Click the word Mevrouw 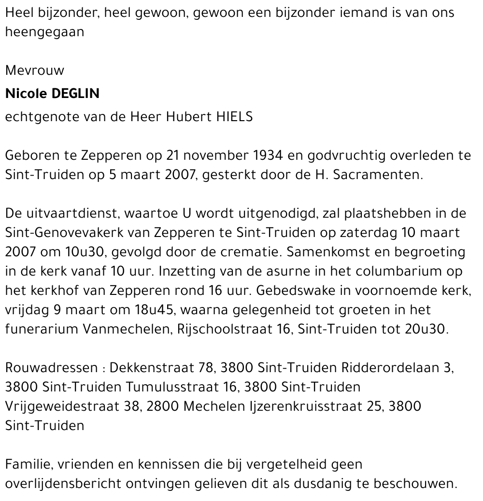[x=34, y=70]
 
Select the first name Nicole [x=25, y=94]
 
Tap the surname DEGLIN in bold [x=73, y=94]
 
